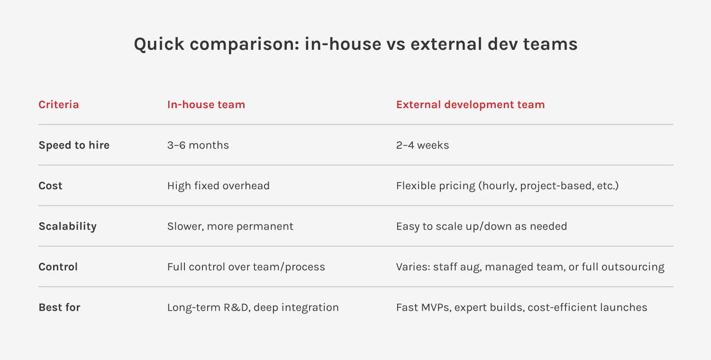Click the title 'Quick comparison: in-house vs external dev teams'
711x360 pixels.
[355, 44]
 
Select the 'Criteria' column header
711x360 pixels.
[59, 104]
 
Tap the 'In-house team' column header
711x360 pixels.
[206, 104]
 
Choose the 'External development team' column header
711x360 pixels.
[470, 104]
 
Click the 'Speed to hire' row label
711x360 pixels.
[74, 145]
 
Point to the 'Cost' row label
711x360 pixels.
[50, 185]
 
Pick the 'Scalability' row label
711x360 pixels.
[68, 226]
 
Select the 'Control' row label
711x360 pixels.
[58, 267]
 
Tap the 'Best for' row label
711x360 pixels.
[59, 307]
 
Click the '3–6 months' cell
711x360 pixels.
[198, 145]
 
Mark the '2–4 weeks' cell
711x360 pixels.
[422, 145]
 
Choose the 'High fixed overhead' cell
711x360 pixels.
[219, 185]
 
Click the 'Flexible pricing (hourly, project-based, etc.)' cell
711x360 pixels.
[508, 186]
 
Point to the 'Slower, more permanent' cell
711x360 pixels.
[230, 226]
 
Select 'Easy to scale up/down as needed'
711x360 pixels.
[482, 226]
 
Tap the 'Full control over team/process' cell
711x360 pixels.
[246, 267]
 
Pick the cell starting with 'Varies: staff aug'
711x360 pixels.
[530, 267]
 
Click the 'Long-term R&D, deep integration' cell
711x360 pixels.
[253, 307]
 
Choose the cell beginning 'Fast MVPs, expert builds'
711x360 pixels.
[521, 307]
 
